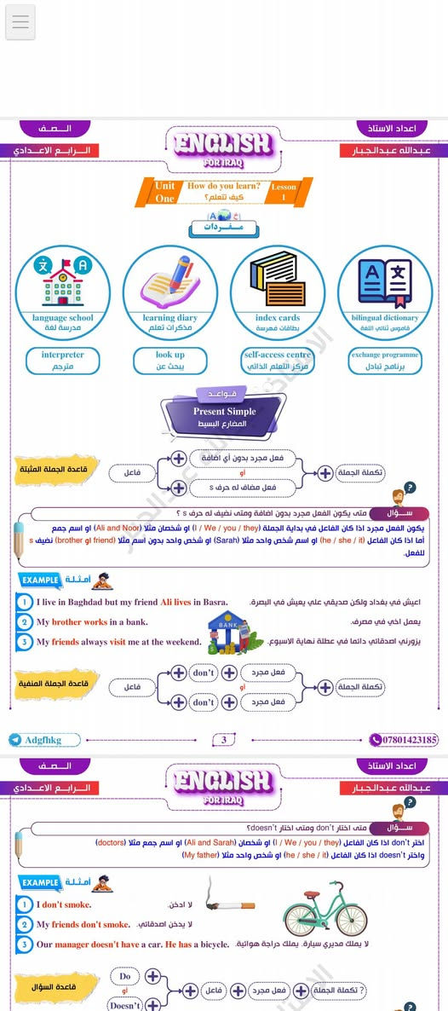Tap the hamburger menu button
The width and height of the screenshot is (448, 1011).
[x=20, y=22]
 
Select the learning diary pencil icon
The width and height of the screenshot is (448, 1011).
[x=170, y=279]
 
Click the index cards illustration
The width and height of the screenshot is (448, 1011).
[x=277, y=279]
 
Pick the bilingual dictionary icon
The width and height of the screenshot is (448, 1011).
[x=385, y=279]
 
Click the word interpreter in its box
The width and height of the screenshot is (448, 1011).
[x=62, y=355]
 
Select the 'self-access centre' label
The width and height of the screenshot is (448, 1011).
[x=277, y=355]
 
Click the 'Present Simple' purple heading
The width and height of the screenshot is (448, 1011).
[x=224, y=412]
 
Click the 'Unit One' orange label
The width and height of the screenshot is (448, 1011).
[x=164, y=192]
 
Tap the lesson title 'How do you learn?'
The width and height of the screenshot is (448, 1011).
[x=224, y=186]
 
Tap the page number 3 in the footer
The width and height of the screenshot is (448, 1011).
[x=224, y=740]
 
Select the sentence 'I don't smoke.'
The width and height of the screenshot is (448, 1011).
[x=64, y=904]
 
